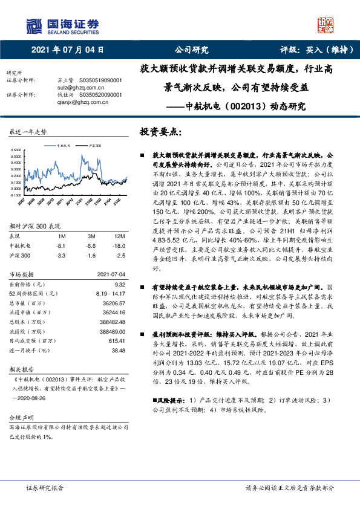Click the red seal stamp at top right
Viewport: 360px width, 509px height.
coord(326,24)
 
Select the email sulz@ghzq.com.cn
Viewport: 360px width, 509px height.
coord(70,86)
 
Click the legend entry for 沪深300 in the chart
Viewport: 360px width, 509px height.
coord(94,146)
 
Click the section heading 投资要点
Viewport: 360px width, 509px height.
coord(161,131)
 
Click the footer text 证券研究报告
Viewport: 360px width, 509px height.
coord(45,487)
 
